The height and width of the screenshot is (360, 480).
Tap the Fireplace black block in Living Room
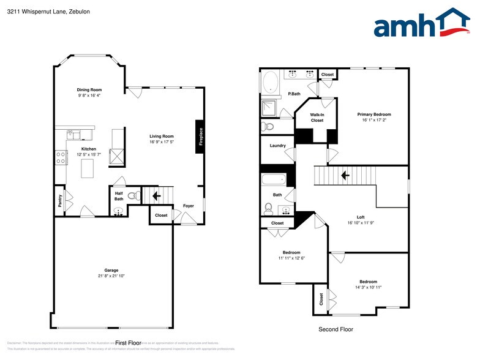[200, 137]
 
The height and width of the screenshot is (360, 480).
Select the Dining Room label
[89, 89]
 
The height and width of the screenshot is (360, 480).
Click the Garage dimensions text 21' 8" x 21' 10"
[111, 276]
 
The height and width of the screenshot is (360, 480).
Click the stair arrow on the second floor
[345, 175]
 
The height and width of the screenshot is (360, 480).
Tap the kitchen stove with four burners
[61, 157]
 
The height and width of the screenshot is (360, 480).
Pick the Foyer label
[189, 206]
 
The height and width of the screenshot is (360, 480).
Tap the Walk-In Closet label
[317, 118]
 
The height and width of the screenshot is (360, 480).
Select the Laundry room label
[277, 146]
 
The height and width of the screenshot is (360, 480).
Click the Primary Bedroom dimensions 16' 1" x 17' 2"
[374, 121]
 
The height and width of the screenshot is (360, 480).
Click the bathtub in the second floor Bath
[274, 180]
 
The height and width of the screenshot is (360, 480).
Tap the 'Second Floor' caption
[336, 329]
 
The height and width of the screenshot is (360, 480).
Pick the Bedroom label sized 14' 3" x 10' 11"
[368, 282]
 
